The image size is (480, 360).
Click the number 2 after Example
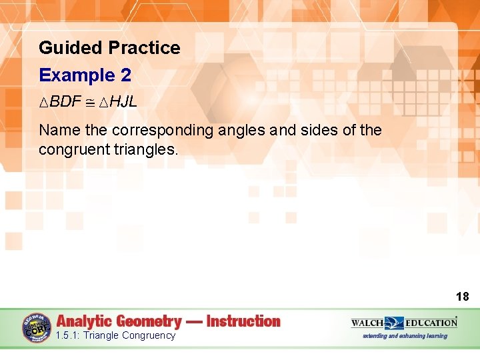[x=125, y=75]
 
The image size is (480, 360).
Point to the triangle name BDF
[x=65, y=102]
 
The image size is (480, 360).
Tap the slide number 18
[x=462, y=297]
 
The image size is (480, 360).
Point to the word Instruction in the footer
[x=243, y=322]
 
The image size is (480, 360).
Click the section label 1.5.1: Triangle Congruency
[x=116, y=335]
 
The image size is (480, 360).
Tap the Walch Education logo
[x=404, y=323]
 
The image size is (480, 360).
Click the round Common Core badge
[x=37, y=329]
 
